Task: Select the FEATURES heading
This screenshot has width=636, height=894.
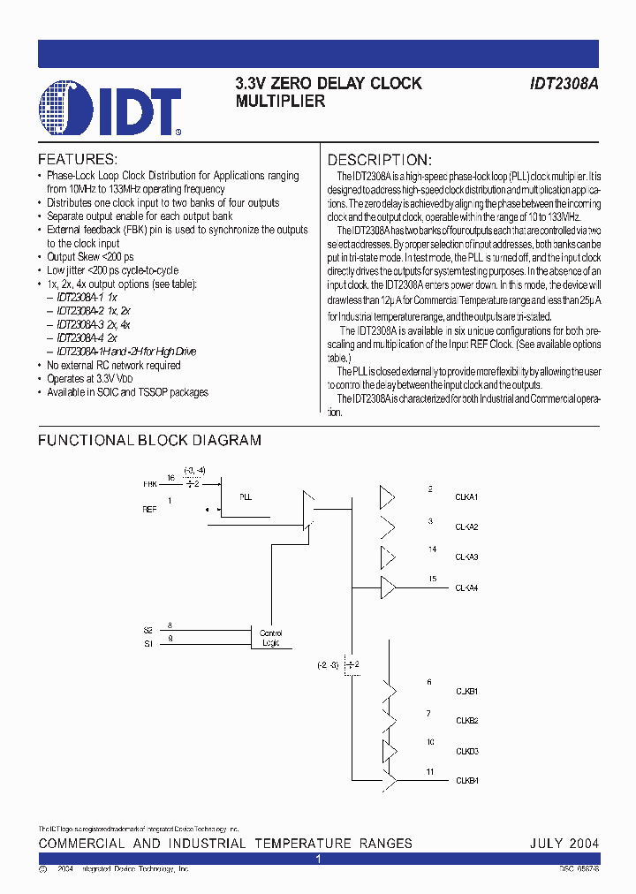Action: [x=77, y=160]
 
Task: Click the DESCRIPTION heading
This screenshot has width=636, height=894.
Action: [x=380, y=160]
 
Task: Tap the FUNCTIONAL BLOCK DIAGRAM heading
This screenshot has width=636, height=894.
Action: [x=149, y=440]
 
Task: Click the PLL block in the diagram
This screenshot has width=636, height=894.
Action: [x=246, y=497]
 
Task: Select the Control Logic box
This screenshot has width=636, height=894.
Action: [x=270, y=638]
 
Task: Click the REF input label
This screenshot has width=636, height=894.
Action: [x=149, y=510]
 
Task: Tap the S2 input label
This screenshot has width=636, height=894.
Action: [x=148, y=630]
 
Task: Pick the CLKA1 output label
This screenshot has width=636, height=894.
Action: [x=466, y=497]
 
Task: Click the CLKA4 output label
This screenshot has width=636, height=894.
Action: [x=466, y=587]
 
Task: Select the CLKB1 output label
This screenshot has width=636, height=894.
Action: [x=466, y=691]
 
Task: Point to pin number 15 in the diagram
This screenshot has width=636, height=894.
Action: [x=432, y=579]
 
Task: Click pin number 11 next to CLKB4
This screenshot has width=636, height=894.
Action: [x=430, y=771]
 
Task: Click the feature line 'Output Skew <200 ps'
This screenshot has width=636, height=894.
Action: [x=89, y=257]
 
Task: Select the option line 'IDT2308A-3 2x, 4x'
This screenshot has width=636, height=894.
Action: [x=94, y=324]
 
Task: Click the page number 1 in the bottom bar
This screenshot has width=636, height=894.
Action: [x=318, y=859]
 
